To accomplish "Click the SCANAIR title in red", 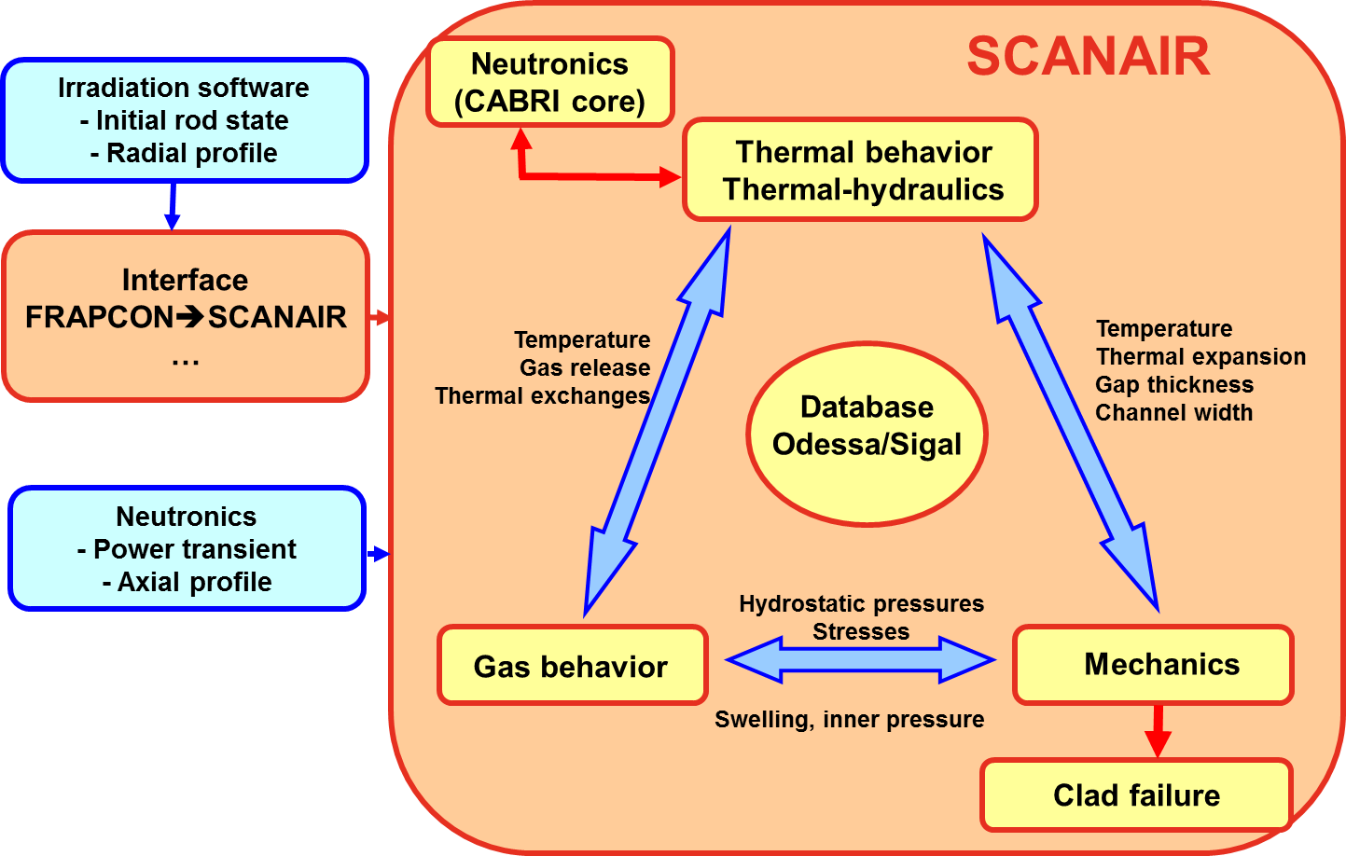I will [x=1088, y=57].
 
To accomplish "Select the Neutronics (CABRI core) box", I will [x=549, y=82].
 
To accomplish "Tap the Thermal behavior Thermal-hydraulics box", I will [x=861, y=170].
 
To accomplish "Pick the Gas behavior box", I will [x=571, y=666].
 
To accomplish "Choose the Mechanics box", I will [x=1154, y=664].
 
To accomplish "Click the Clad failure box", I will [x=1136, y=794].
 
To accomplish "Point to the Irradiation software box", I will [x=184, y=119].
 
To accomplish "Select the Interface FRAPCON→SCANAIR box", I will [x=186, y=316].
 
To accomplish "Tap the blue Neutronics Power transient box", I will [x=187, y=548].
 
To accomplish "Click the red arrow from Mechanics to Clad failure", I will [x=1158, y=730].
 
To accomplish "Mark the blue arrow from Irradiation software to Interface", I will [x=173, y=206].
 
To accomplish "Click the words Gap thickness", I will [x=1173, y=384].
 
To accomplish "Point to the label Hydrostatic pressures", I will [x=861, y=603].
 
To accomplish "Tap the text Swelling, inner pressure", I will [x=849, y=719].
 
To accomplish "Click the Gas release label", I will [x=585, y=367].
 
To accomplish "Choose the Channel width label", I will [x=1173, y=412].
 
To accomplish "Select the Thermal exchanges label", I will [x=542, y=395].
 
